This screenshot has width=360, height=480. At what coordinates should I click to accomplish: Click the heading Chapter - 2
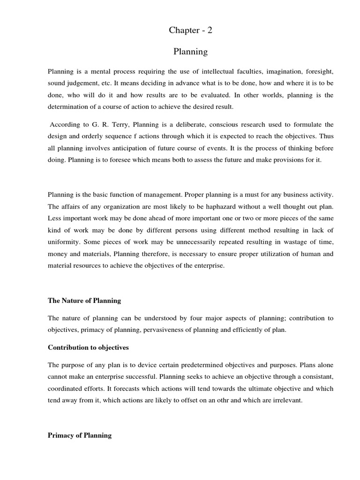click(190, 30)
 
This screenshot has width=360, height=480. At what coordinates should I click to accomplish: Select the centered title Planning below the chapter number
click(190, 52)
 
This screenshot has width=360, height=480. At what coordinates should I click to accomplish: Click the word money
click(58, 254)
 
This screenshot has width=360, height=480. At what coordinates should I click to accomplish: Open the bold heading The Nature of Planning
click(84, 300)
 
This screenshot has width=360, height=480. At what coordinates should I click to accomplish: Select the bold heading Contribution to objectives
click(88, 348)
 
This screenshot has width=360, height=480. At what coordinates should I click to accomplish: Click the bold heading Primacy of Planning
click(80, 435)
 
